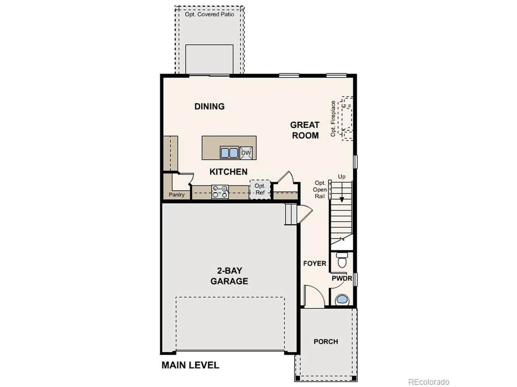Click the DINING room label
pos(209,106)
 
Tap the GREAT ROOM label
pos(305,130)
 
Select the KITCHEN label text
pos(229,172)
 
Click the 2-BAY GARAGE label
pos(229,276)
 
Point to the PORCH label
pos(326,341)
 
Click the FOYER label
pos(315,263)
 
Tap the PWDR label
pos(342,279)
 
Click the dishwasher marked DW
pos(246,153)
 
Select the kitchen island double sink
pos(229,153)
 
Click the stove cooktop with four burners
pos(220,192)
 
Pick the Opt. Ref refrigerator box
pos(260,189)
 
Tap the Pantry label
pos(177,195)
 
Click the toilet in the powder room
pos(342,260)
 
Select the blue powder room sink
pos(342,300)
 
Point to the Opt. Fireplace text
pos(333,119)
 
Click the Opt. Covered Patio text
pos(209,15)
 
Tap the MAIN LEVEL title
pos(190,365)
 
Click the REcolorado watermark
pos(429,382)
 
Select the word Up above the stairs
pos(342,177)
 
